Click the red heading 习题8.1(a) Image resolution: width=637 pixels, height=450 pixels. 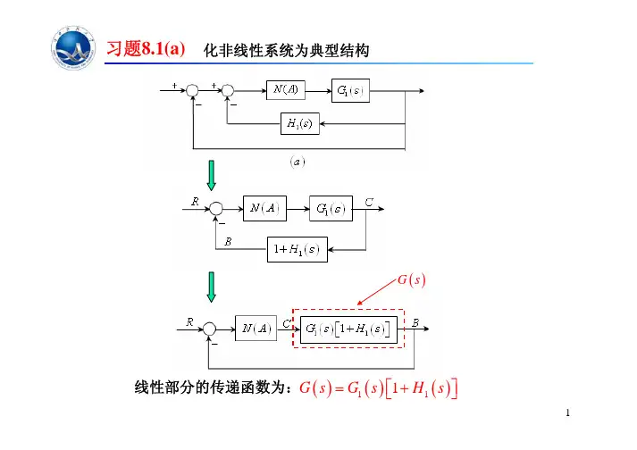click(x=146, y=48)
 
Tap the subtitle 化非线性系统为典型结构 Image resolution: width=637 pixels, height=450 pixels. click(x=286, y=51)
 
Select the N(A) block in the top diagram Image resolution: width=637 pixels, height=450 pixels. click(x=287, y=90)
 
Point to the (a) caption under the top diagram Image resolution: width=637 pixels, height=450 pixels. click(x=296, y=162)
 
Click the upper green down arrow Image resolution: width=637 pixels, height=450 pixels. click(x=212, y=175)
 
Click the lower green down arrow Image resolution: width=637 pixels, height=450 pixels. click(x=212, y=286)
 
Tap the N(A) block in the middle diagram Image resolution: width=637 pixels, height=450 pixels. click(x=265, y=208)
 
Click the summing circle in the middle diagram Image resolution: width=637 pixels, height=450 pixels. click(x=214, y=208)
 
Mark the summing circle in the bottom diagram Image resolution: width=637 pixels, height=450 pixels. click(x=210, y=329)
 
